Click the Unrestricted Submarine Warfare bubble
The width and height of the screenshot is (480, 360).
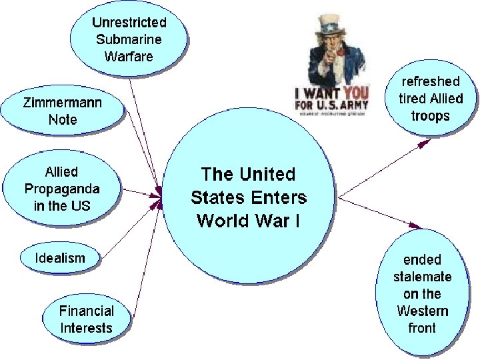(129, 38)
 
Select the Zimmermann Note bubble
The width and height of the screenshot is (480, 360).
(63, 111)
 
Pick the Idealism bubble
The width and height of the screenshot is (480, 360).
(61, 257)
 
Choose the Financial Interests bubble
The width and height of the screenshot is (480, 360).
(87, 319)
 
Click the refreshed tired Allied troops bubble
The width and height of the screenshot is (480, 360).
(429, 98)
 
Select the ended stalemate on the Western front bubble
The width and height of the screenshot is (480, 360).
(421, 293)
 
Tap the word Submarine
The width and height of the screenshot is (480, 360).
(129, 39)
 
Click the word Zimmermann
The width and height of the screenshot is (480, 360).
(63, 103)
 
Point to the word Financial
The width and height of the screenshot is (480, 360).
(87, 311)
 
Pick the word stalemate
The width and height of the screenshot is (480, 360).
(423, 276)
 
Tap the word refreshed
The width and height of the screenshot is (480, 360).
(430, 81)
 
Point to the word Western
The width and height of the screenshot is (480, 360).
(423, 311)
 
